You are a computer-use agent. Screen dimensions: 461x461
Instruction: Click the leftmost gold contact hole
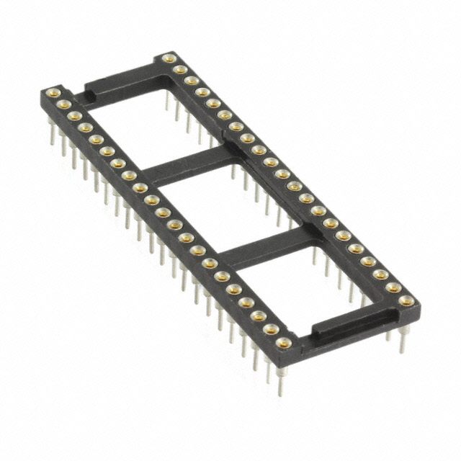pos(53,92)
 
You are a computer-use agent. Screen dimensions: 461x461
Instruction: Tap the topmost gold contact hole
pos(169,58)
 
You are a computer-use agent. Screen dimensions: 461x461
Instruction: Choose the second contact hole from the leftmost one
pos(63,104)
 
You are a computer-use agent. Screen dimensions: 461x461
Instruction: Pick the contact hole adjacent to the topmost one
pos(180,69)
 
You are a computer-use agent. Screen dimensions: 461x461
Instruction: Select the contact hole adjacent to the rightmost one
pos(393,287)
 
